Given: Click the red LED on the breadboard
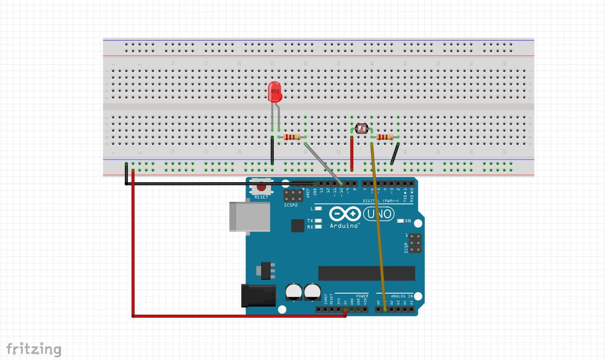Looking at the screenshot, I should [275, 91].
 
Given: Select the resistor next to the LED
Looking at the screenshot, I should [292, 137].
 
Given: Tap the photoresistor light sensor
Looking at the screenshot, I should [362, 129].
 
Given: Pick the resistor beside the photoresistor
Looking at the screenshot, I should [385, 137].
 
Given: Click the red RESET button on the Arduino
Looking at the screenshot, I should [261, 188].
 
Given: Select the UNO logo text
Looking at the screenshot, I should [379, 215].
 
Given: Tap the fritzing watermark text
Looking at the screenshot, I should [33, 349].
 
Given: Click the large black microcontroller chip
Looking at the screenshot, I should [366, 273].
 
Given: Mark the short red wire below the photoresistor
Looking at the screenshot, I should [352, 154].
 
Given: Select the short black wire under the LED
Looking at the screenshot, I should [272, 151].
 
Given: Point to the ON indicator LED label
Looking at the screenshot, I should [408, 221].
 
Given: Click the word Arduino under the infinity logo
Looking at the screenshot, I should [344, 226].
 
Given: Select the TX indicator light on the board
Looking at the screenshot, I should [318, 221].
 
